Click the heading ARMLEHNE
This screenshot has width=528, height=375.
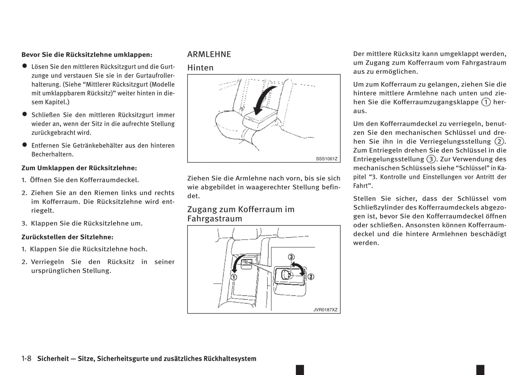click(x=209, y=54)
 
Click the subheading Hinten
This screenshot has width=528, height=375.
click(x=200, y=68)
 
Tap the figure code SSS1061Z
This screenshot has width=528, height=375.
click(x=326, y=159)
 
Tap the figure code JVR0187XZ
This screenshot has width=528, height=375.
click(x=325, y=310)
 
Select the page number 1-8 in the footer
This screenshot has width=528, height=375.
click(x=26, y=359)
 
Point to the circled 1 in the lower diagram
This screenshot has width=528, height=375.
click(x=233, y=277)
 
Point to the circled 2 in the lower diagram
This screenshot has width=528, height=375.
click(x=311, y=277)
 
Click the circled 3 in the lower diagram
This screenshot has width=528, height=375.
click(x=291, y=257)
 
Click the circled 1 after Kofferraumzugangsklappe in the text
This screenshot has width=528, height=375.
click(x=486, y=102)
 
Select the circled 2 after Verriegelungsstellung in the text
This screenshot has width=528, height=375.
click(x=499, y=141)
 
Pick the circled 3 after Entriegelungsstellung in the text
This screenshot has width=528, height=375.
click(x=431, y=159)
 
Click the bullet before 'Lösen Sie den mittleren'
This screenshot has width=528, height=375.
click(x=24, y=66)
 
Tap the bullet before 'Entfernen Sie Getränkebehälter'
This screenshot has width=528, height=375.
click(x=24, y=145)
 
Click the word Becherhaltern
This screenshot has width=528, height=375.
click(x=53, y=154)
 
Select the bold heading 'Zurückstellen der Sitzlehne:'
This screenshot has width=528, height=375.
click(x=67, y=237)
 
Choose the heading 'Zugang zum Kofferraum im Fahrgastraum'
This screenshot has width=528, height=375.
click(x=241, y=214)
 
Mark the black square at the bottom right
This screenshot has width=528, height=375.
click(x=480, y=370)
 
